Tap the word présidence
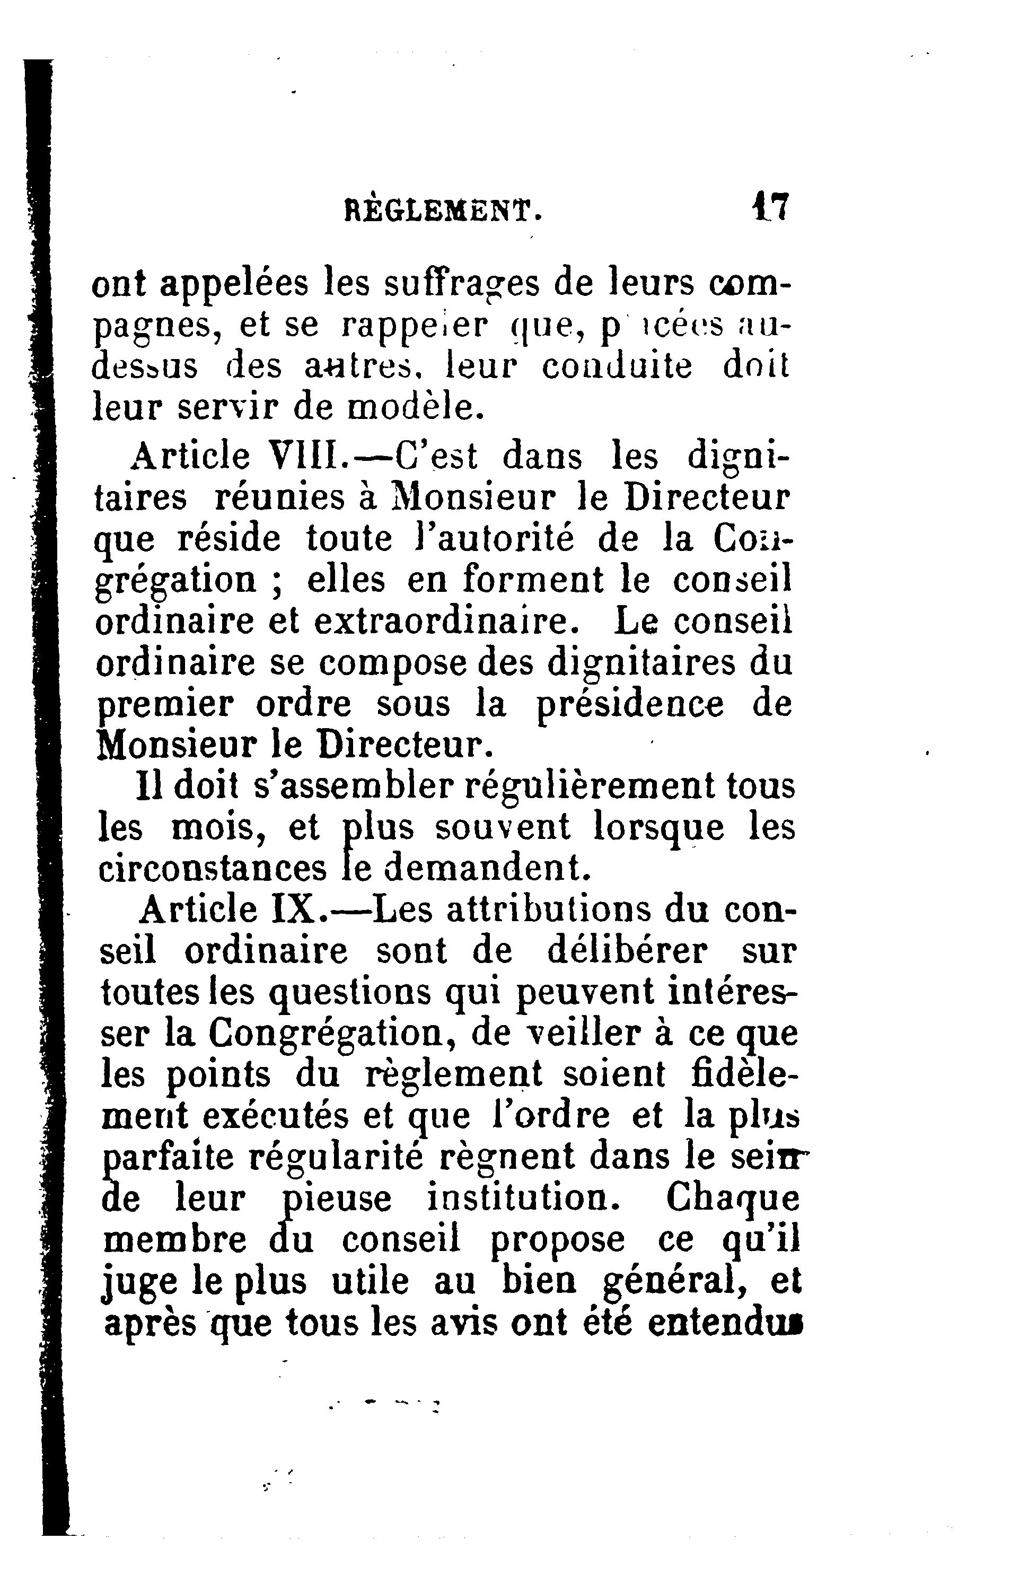coord(630,704)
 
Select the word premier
coord(165,705)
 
